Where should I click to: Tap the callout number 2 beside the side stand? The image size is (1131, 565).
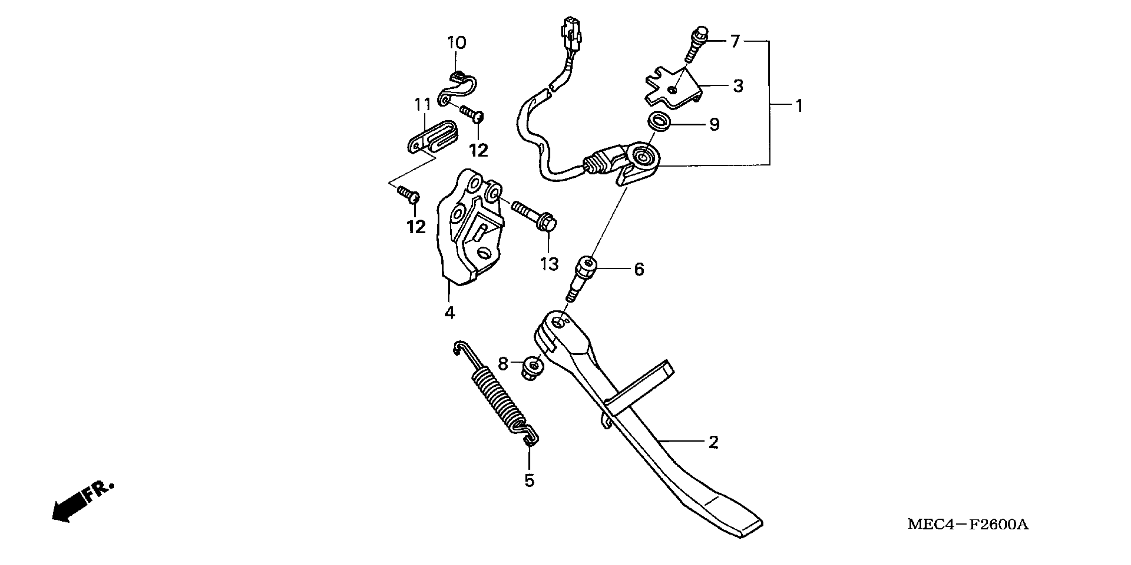(714, 442)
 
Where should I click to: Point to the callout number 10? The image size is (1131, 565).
(457, 43)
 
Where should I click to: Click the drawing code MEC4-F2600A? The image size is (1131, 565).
(968, 524)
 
